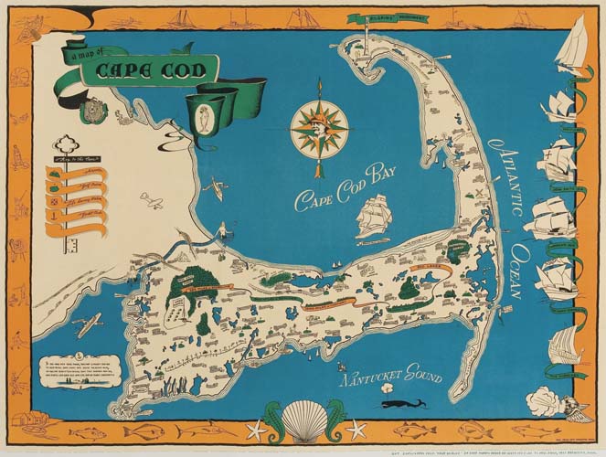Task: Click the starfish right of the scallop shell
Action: point(355,428)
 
